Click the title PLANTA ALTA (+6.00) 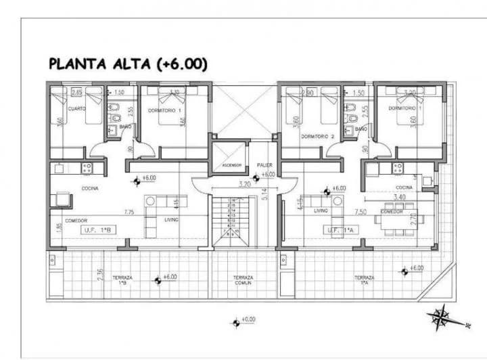tap(128, 64)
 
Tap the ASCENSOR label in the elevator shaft tap(227, 165)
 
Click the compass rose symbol tap(443, 316)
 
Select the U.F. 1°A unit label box tap(340, 230)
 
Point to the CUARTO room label tap(76, 109)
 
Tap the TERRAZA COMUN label tap(243, 281)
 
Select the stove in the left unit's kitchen tap(87, 167)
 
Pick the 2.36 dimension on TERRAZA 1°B tap(99, 274)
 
